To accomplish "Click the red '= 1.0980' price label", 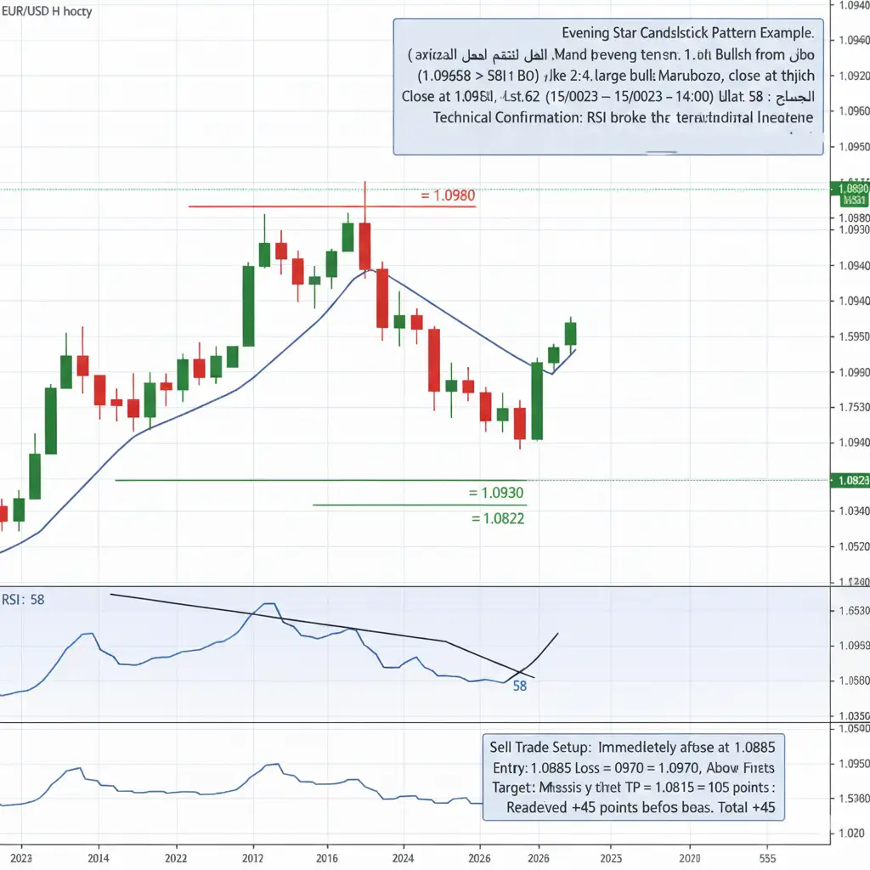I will [448, 195].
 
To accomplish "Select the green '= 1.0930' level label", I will [496, 493].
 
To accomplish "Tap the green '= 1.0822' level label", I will [496, 517].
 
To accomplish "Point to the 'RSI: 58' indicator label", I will [23, 600].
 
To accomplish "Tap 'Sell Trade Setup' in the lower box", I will [540, 748].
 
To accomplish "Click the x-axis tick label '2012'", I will [253, 858].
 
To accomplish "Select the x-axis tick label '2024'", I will [404, 858].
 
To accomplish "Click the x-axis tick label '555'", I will [767, 858].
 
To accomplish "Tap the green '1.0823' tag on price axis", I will [852, 481].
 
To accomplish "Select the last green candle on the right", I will [570, 333].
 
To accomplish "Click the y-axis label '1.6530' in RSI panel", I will [852, 611].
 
